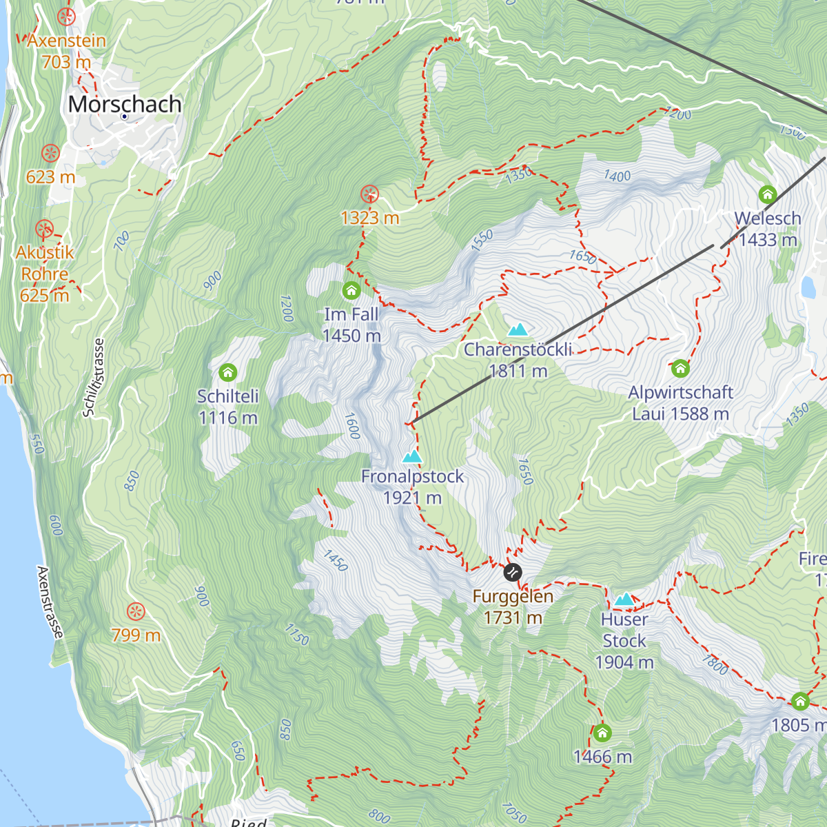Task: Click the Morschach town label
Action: [x=125, y=104]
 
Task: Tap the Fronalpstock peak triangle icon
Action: [x=412, y=456]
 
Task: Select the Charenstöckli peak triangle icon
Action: [x=517, y=329]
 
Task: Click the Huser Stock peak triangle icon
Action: [x=624, y=599]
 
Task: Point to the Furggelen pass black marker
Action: [x=513, y=572]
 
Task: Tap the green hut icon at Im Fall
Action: [x=351, y=290]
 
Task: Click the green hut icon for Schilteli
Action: [x=227, y=373]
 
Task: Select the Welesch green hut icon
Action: [x=768, y=194]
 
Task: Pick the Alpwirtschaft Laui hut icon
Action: [x=680, y=368]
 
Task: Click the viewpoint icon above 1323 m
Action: [x=370, y=194]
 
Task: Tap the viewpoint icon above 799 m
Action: [x=136, y=611]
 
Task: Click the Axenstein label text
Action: [x=67, y=41]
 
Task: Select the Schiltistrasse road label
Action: [x=94, y=377]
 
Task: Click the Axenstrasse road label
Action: [x=50, y=602]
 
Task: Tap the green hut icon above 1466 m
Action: [x=602, y=733]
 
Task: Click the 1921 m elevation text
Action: [x=412, y=498]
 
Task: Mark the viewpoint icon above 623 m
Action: [x=50, y=153]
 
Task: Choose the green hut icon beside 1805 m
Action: [x=800, y=702]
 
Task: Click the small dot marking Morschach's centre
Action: [x=124, y=116]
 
